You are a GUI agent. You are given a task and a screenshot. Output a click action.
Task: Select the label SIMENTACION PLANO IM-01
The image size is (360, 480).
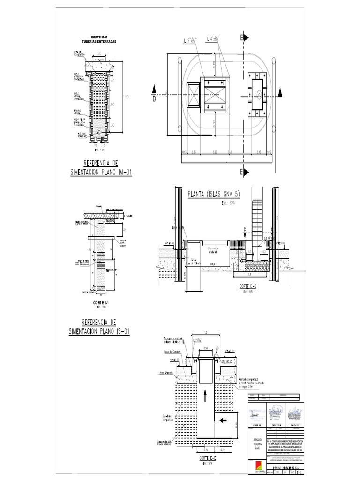(x=101, y=172)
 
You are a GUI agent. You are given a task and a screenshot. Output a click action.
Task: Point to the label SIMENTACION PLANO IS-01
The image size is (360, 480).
(x=98, y=331)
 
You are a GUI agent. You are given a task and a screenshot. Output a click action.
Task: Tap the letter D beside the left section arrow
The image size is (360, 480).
(x=153, y=99)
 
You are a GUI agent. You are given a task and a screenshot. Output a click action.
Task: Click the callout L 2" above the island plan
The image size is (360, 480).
(x=191, y=41)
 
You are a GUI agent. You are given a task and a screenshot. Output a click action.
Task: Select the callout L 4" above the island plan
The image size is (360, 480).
(x=216, y=38)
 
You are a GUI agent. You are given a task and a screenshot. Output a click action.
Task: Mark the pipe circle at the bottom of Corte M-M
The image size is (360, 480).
(x=99, y=133)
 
